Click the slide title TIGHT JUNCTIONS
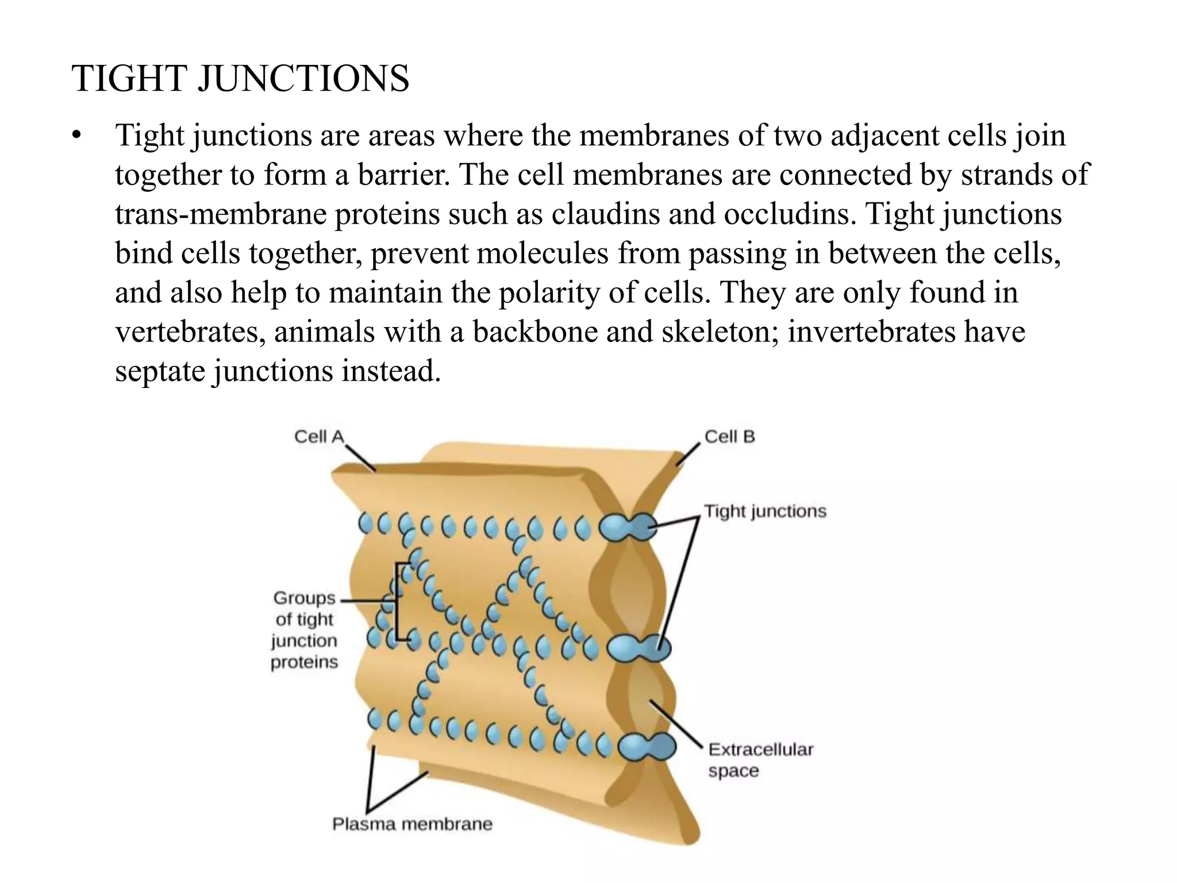240,78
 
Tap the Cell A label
318,437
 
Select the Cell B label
729,437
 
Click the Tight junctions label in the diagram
765,511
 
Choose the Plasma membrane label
412,824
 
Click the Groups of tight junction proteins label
304,630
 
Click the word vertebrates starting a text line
189,332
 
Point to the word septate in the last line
160,371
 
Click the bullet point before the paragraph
76,137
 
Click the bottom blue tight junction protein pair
647,747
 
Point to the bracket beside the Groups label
397,602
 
